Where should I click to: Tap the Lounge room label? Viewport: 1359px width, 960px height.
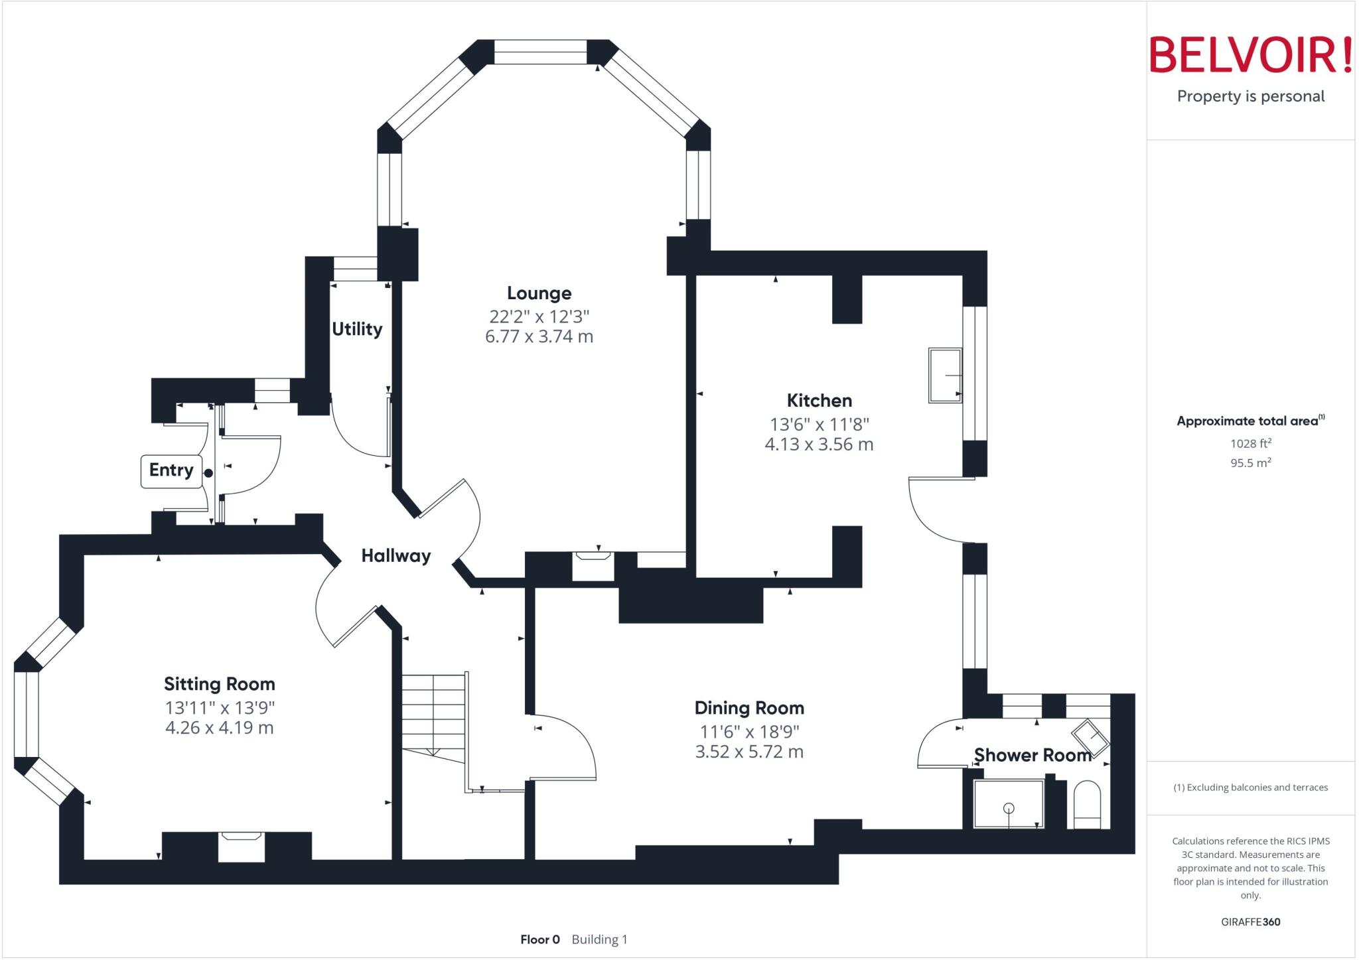coord(539,293)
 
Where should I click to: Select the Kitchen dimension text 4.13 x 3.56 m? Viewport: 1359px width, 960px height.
coord(819,445)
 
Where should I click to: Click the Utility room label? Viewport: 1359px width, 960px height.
coord(357,329)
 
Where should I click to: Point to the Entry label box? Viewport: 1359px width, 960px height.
coord(171,470)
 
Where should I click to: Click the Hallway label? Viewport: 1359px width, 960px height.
coord(395,556)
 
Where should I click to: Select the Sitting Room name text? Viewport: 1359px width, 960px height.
coord(219,684)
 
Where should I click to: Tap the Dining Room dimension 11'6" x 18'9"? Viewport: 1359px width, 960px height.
coord(749,732)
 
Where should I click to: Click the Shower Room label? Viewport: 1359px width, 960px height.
coord(1032,755)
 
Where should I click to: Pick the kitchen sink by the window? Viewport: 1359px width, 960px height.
coord(945,375)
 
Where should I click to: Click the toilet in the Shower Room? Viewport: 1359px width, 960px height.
coord(1086,804)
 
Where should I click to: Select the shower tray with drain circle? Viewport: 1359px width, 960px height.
coord(1008,803)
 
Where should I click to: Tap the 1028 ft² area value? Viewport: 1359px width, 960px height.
coord(1250,444)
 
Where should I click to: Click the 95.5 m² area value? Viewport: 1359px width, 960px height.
coord(1250,463)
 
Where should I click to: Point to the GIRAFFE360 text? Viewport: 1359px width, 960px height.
coord(1250,922)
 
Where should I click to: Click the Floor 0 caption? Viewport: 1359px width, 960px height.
coord(539,939)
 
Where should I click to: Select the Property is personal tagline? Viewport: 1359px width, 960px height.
coord(1250,97)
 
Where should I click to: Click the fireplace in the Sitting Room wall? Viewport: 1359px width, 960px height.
coord(242,846)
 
